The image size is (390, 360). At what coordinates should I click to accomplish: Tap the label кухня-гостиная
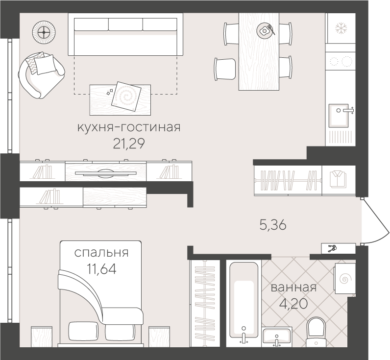pos(129,128)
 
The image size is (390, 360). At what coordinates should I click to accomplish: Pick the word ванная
pos(293,288)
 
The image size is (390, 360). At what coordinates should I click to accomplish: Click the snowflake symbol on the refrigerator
pos(341,28)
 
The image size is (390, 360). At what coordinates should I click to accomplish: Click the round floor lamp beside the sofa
pos(43,32)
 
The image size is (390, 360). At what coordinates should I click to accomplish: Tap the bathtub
pos(244,304)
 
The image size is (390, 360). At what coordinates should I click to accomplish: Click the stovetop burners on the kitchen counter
pos(341,61)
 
